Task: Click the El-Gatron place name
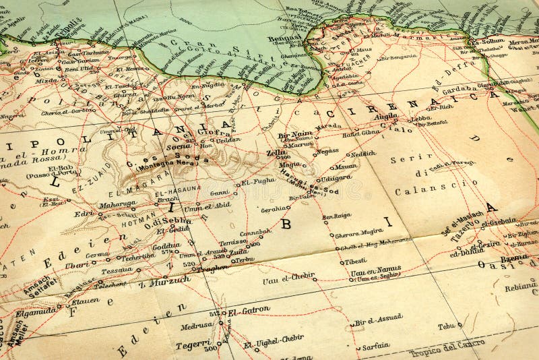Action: pos(249,311)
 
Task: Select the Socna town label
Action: pos(178,144)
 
